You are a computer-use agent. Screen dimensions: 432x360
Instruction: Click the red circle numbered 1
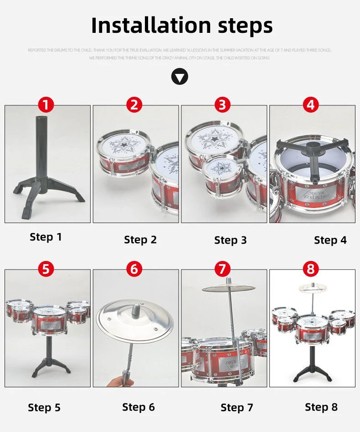(x=46, y=105)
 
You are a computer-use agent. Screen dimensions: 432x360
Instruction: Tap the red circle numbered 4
(x=310, y=105)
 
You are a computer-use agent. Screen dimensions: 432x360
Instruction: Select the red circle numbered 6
(x=134, y=269)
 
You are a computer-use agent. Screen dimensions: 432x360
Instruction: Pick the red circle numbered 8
(x=310, y=269)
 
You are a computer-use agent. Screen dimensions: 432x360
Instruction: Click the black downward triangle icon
(x=180, y=76)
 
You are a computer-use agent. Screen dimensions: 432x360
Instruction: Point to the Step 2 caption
(x=140, y=240)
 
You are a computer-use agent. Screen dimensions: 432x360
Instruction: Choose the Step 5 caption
(x=44, y=407)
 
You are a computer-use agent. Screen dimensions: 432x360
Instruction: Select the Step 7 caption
(x=237, y=407)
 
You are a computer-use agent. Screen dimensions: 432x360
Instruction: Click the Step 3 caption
(x=231, y=240)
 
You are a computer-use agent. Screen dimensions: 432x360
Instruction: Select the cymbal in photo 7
(x=229, y=288)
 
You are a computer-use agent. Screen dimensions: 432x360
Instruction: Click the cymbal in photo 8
(x=313, y=288)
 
